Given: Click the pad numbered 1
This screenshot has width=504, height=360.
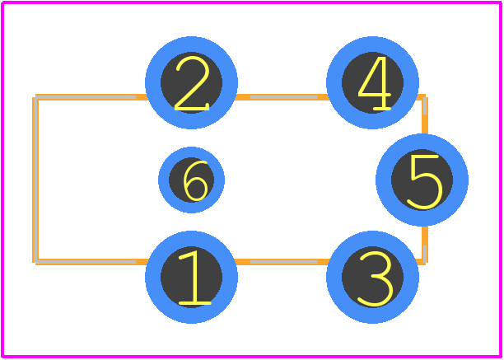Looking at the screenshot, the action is coord(191,277).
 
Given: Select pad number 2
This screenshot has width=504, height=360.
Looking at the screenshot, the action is coord(191,82).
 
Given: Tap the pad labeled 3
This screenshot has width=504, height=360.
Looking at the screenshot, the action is coord(372,277).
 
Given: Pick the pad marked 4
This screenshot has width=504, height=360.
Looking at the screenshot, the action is coord(372,82).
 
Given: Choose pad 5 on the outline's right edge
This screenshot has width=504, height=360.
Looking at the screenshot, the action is coord(422,180).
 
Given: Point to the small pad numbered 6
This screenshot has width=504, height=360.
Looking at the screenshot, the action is coord(191,180).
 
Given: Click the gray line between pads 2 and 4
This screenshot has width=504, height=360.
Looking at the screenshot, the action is coord(283,97).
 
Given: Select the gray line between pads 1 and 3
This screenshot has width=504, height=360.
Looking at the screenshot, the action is coord(283,262).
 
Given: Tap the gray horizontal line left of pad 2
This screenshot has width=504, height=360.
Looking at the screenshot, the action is coord(86,97).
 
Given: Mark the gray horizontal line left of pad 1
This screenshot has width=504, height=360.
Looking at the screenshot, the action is coord(86,262).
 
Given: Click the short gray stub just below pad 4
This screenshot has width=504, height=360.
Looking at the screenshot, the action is coord(425,105).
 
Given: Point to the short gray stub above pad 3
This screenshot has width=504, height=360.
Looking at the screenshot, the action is coord(425,254).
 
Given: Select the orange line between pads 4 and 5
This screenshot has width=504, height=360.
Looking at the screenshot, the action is coord(425,115).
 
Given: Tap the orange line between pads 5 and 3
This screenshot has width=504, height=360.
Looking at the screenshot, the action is coord(425,245).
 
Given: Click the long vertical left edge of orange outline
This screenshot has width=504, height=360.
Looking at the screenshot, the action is coord(35,180).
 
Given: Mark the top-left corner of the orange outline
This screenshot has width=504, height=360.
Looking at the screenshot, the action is coord(35,96).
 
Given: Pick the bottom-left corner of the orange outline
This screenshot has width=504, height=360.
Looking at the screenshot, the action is coord(35,262).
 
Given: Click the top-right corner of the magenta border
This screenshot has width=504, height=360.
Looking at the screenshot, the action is coord(501,2).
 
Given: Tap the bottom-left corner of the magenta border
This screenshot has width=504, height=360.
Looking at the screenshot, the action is coord(2,357).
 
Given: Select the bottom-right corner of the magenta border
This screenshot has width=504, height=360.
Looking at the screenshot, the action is coord(501,357).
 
